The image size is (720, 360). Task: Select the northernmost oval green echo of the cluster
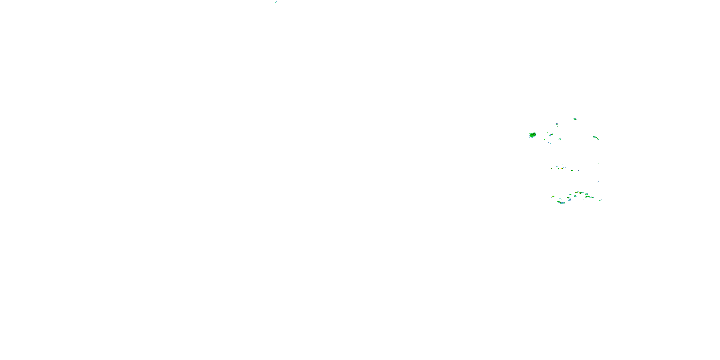point(575,119)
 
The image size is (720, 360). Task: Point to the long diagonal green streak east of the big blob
point(596,138)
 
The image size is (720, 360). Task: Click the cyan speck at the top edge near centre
point(276,2)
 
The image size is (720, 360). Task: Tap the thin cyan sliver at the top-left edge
point(137,1)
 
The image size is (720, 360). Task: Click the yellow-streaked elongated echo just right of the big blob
point(551,135)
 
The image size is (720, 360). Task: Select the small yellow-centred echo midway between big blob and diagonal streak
point(560,139)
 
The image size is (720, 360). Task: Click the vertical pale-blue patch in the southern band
point(569,199)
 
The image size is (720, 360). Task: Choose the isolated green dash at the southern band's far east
point(601,200)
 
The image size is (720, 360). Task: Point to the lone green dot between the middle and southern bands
point(598,182)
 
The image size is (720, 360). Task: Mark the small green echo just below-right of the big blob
point(545,139)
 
